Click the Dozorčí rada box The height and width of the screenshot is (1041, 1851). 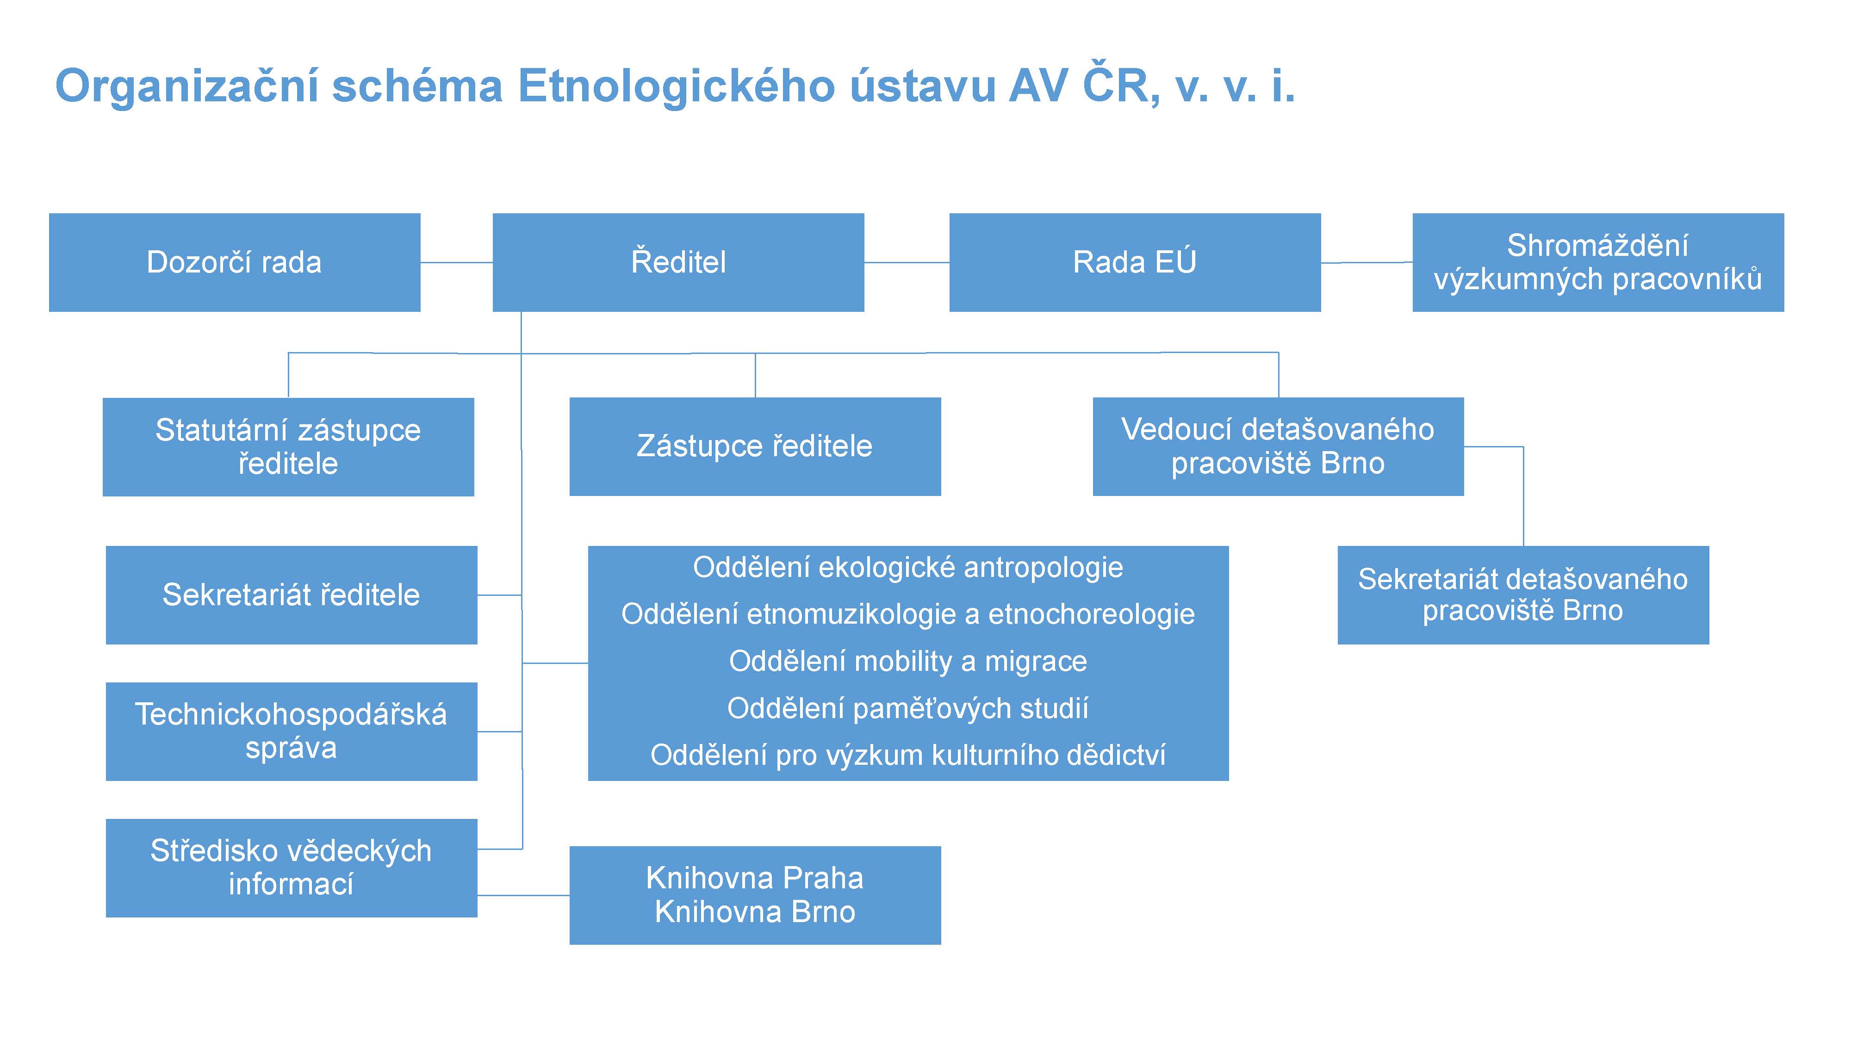click(x=234, y=262)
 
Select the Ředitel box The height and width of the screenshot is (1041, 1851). click(x=678, y=262)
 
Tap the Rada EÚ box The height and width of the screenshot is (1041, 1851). click(x=1135, y=262)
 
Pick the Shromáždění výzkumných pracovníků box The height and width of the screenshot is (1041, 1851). click(x=1598, y=262)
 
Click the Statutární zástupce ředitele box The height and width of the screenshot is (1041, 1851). click(x=288, y=447)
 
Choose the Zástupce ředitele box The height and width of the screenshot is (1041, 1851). click(x=755, y=446)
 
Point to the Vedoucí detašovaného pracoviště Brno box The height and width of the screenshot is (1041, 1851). click(x=1278, y=446)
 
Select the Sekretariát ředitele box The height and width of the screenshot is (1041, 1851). click(x=292, y=595)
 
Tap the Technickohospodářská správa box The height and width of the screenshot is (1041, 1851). click(x=292, y=731)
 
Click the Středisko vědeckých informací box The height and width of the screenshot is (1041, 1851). click(x=292, y=868)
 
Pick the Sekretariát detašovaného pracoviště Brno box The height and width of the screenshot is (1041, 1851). click(x=1523, y=595)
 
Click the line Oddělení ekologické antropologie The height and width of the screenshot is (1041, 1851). click(x=908, y=568)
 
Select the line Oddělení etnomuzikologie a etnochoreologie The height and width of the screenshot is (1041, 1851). click(x=908, y=615)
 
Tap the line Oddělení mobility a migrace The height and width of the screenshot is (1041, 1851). click(x=908, y=662)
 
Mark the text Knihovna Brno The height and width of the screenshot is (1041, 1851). click(x=755, y=911)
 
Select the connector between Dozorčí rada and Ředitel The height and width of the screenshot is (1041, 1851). click(x=456, y=262)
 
